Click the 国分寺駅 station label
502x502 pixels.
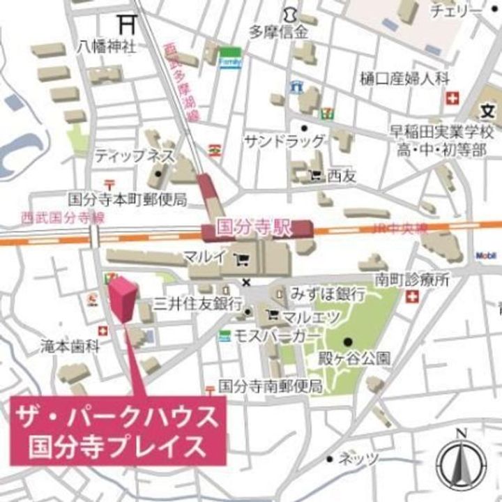pos(252,228)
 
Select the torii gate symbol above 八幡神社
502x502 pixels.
pos(126,23)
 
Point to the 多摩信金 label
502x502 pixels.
pos(278,31)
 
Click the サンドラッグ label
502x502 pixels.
pos(284,142)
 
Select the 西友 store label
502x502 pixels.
pos(342,176)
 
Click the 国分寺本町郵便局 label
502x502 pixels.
pos(128,200)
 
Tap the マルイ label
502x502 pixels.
pos(204,257)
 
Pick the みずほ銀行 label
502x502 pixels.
pos(324,292)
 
